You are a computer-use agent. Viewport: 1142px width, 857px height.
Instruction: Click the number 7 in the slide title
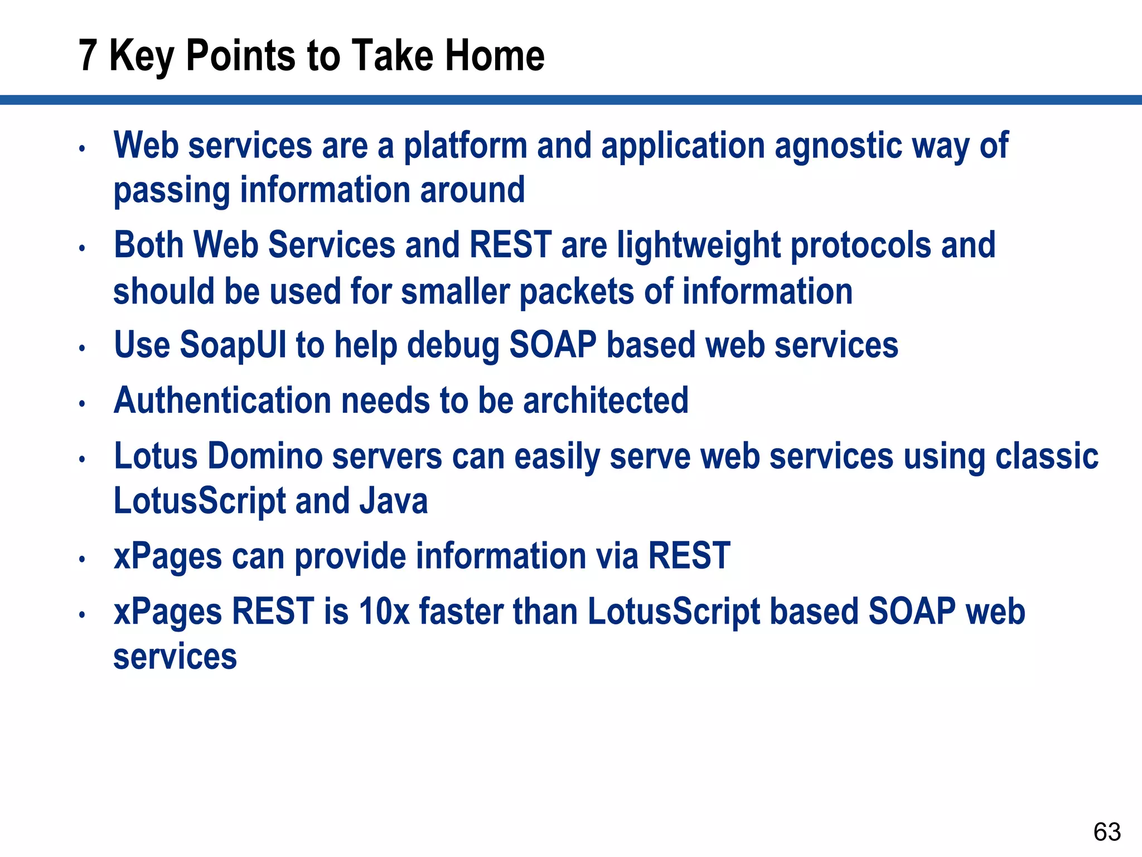tap(88, 56)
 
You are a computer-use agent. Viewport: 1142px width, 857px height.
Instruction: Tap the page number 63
tap(1107, 832)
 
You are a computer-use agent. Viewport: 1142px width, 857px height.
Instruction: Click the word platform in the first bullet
tap(465, 146)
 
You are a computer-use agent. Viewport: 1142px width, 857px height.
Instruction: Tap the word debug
tap(453, 346)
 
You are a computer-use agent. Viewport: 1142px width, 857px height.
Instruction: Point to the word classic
tap(1047, 456)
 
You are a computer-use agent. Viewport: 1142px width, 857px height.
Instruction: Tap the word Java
tap(394, 500)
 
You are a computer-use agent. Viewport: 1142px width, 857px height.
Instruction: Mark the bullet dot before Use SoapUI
tap(82, 348)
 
